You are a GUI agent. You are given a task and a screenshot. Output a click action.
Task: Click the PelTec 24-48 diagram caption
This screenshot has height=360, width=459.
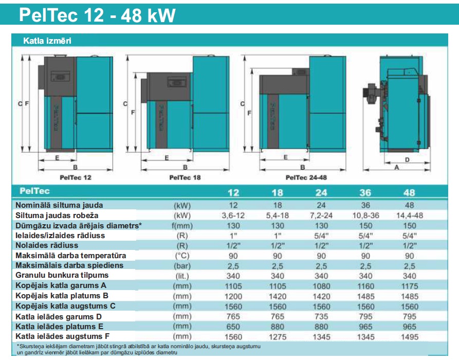pyautogui.click(x=305, y=177)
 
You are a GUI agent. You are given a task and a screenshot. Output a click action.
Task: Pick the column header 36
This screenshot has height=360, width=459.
pyautogui.click(x=365, y=192)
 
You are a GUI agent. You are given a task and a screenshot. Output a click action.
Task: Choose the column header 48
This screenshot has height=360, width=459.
pyautogui.click(x=410, y=192)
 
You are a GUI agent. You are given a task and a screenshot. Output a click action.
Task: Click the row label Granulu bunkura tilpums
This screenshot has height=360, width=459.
pyautogui.click(x=62, y=275)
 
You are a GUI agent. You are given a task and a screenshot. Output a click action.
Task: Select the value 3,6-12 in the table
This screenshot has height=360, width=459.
pyautogui.click(x=233, y=215)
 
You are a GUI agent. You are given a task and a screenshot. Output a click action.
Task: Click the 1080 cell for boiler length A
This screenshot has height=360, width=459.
pyautogui.click(x=321, y=285)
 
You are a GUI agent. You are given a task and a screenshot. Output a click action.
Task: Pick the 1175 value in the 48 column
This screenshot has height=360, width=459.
pyautogui.click(x=410, y=285)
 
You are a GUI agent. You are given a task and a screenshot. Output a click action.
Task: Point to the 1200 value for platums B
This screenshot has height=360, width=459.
pyautogui.click(x=233, y=296)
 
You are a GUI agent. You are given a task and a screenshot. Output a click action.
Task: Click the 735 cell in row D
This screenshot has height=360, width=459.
pyautogui.click(x=321, y=316)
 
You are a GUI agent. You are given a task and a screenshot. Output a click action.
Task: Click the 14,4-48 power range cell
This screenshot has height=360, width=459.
pyautogui.click(x=410, y=215)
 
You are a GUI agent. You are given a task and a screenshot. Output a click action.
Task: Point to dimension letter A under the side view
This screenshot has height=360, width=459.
pyautogui.click(x=396, y=168)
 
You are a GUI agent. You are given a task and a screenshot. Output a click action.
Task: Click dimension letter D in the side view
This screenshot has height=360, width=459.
pyautogui.click(x=407, y=160)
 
